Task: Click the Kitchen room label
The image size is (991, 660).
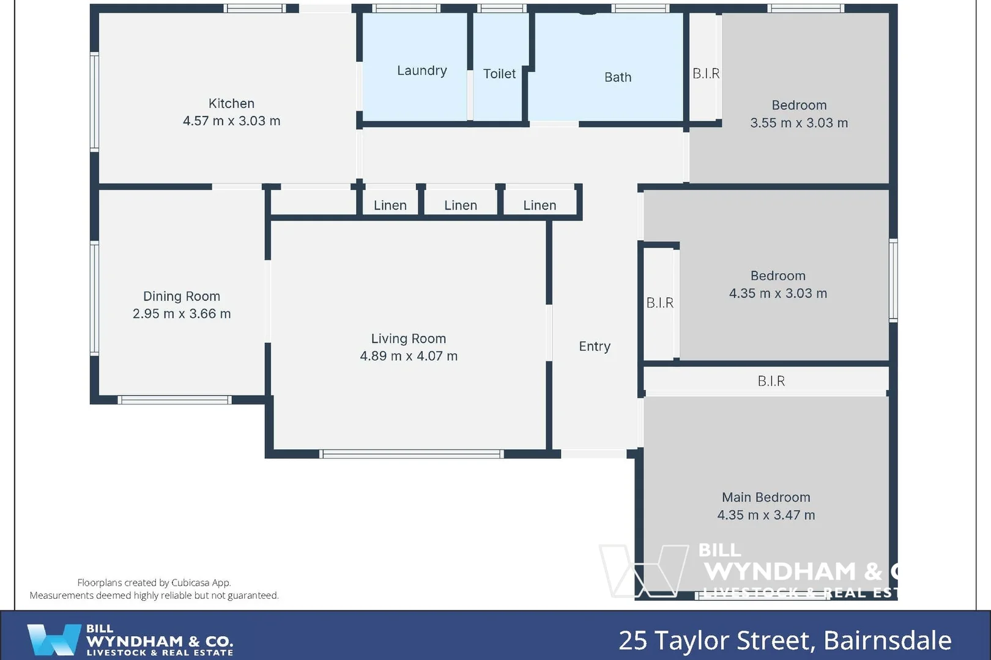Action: [x=231, y=103]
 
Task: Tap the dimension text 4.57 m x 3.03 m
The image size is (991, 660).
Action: [x=231, y=121]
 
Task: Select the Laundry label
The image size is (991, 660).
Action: [x=421, y=70]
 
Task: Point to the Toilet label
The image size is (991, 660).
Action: [x=499, y=74]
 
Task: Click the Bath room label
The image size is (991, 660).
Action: [x=617, y=77]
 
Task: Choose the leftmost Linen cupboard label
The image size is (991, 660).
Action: [x=390, y=205]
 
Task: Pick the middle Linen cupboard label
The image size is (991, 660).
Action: [x=460, y=205]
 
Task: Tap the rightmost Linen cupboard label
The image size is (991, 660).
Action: [x=539, y=205]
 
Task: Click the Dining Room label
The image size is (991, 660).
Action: [x=181, y=296]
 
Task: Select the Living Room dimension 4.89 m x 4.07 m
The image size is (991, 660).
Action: [x=408, y=356]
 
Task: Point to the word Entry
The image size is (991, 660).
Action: [x=594, y=346]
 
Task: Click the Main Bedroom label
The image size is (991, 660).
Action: [x=765, y=497]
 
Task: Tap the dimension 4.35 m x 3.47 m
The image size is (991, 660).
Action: [x=765, y=515]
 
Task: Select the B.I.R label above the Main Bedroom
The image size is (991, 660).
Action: [x=771, y=381]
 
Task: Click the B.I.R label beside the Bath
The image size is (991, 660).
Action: [x=705, y=73]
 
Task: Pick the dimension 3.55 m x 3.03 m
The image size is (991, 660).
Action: [x=798, y=123]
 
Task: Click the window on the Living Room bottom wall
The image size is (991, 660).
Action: [x=411, y=454]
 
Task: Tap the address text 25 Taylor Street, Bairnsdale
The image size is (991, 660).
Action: [x=784, y=640]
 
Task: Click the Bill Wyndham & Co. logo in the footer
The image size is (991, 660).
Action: [x=130, y=640]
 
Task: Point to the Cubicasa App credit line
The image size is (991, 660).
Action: [x=154, y=582]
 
